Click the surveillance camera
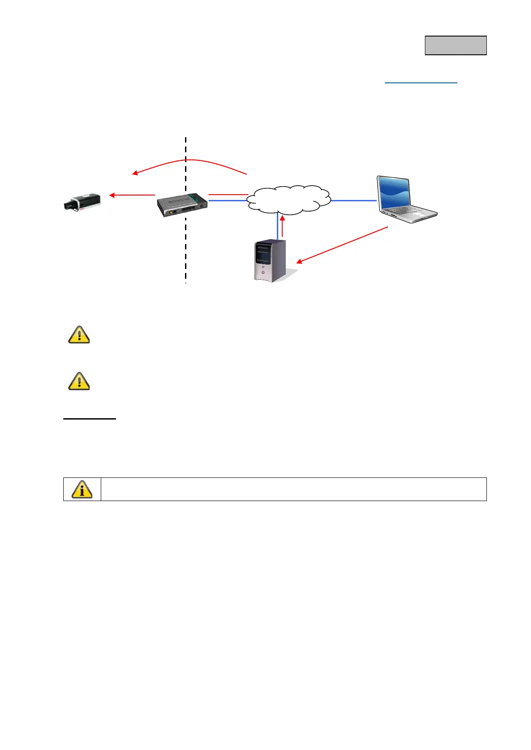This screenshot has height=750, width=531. tap(82, 201)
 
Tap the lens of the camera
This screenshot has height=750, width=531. tap(68, 205)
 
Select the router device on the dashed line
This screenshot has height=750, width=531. tap(182, 204)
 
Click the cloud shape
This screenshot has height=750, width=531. tap(289, 199)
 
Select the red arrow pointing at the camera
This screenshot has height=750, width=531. tap(132, 195)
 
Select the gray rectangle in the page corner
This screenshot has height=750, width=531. tap(455, 45)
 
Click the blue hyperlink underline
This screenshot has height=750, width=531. tap(421, 83)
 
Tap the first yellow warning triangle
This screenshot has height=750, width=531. tap(79, 334)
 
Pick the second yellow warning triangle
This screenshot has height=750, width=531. tap(79, 381)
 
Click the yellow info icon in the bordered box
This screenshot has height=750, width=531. tap(82, 489)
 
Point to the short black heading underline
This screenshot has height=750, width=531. tap(89, 419)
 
